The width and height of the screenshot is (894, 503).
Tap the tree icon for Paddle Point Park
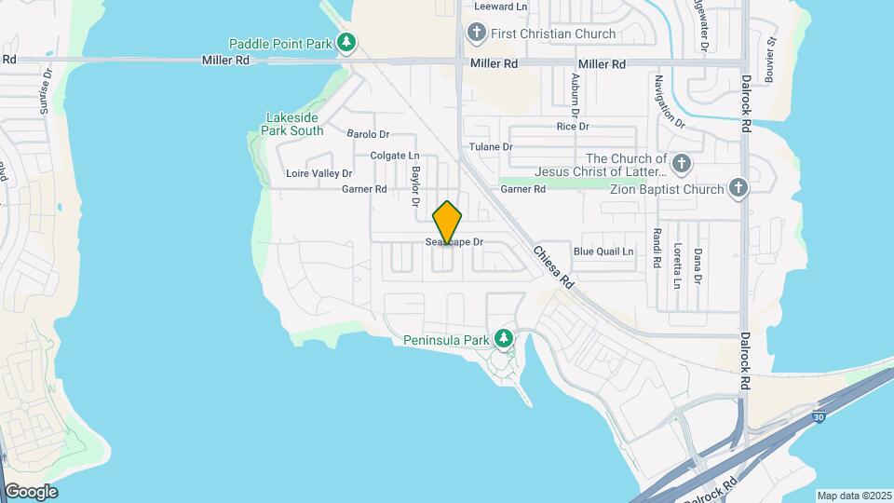click(346, 43)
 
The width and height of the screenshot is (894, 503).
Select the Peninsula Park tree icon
click(504, 338)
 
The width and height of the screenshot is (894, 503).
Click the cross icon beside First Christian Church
click(477, 34)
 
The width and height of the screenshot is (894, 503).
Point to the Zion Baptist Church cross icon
click(738, 189)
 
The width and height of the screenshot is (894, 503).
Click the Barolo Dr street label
click(372, 134)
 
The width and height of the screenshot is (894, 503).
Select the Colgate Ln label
click(395, 156)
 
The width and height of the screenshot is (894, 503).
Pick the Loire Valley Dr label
click(319, 173)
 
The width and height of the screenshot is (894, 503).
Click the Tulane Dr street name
click(491, 147)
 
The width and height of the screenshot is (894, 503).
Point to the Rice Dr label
click(573, 126)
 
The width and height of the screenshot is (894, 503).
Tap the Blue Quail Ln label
click(603, 251)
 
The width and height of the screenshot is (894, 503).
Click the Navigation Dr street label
click(670, 102)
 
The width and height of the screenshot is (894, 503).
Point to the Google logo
click(31, 492)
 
